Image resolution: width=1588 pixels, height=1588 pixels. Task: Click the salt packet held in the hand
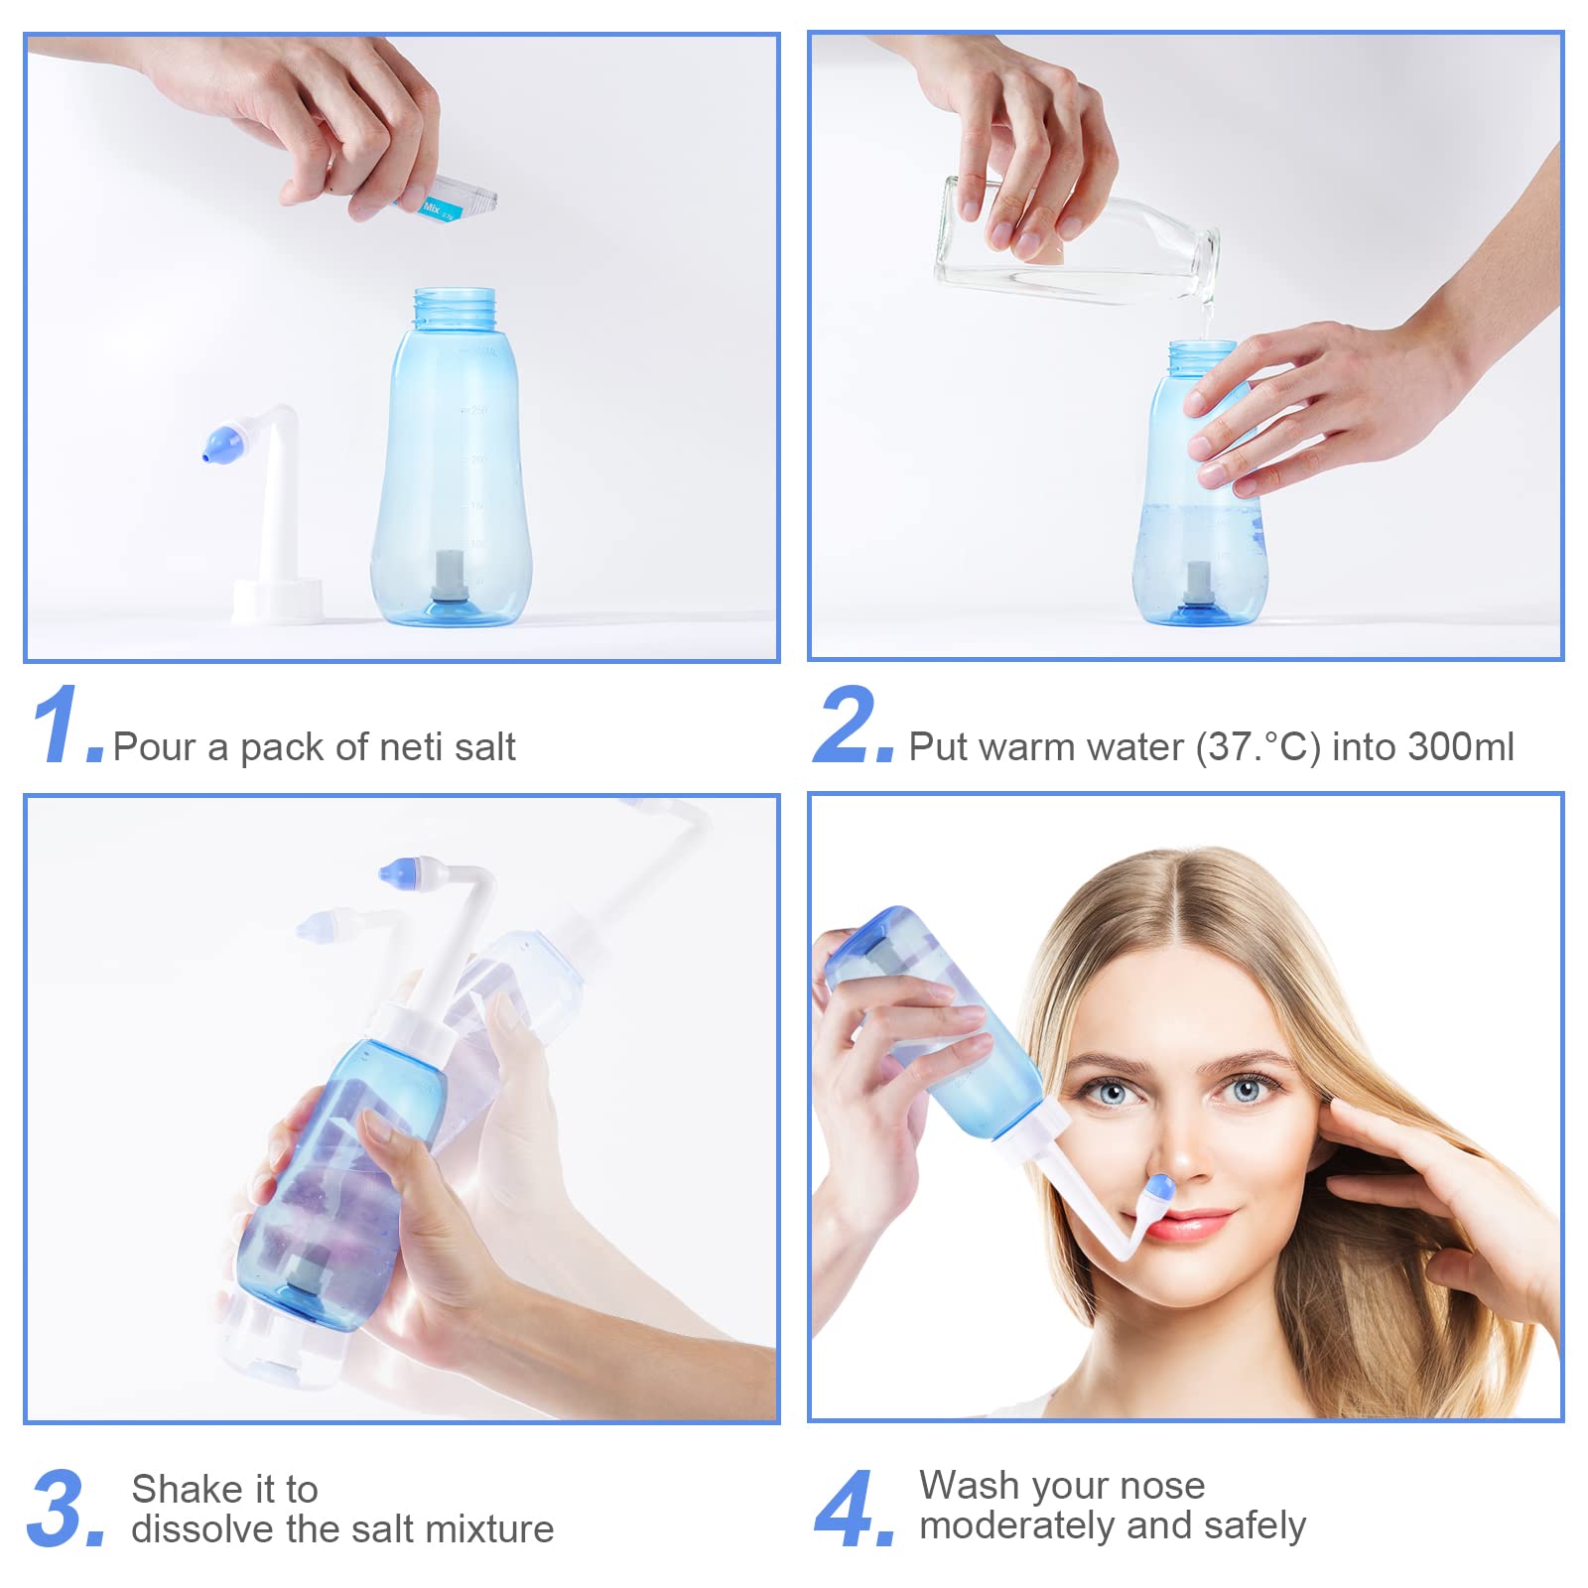tap(447, 200)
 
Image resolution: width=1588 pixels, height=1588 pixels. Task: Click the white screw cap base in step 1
tap(278, 599)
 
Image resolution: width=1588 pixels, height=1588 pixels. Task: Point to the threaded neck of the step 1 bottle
tap(455, 310)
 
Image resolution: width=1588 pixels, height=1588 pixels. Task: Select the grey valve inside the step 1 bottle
tap(449, 577)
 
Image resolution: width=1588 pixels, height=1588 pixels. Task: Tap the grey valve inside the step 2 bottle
tap(1197, 584)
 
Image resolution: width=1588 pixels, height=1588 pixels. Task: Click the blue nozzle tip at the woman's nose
tap(1159, 1188)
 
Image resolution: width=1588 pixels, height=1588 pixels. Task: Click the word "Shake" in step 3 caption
tap(189, 1489)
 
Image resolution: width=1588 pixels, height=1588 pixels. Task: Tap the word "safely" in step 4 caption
tap(1255, 1526)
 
